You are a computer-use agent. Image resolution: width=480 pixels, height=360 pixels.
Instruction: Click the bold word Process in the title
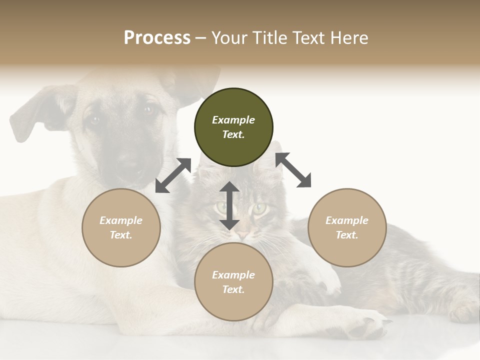coord(157,38)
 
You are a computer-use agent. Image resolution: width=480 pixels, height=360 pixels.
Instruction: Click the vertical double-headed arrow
coord(229,205)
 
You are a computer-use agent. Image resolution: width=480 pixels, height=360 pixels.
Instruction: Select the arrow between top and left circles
coord(173,175)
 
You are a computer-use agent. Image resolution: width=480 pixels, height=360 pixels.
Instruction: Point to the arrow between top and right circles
coord(293,169)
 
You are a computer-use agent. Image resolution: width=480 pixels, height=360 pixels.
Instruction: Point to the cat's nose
coord(243,234)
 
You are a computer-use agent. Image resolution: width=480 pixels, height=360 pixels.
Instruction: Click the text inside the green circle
coord(233,127)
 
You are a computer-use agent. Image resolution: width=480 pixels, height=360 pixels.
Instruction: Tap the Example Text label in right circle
coord(347,227)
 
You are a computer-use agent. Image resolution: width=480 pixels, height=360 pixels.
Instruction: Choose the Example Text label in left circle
coord(121,227)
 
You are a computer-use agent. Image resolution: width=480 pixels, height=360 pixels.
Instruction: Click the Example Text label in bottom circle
coord(233,282)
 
